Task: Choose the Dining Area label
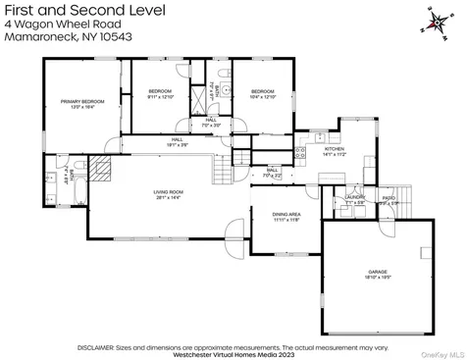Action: (286, 217)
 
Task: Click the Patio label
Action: (389, 200)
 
